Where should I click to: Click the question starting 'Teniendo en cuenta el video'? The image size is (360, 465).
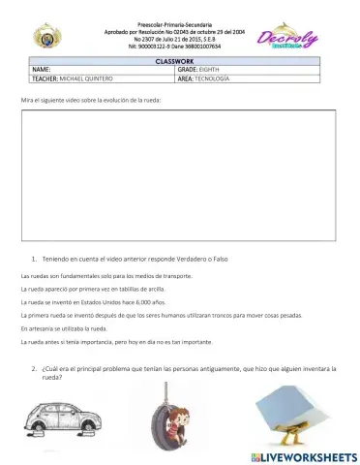point(136,259)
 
